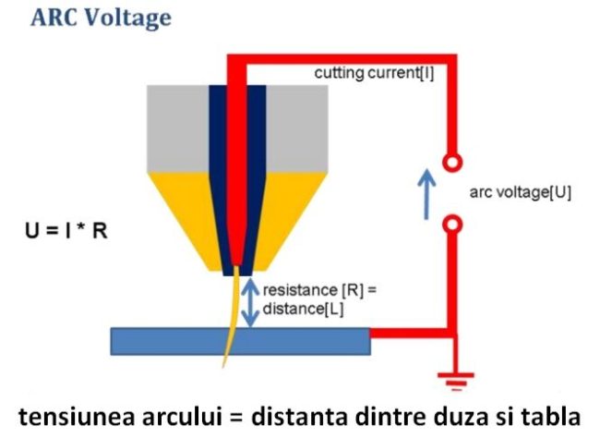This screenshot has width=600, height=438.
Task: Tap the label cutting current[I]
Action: (374, 72)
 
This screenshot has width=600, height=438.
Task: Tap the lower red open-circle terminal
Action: (450, 223)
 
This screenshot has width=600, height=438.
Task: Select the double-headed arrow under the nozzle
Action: (248, 300)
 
